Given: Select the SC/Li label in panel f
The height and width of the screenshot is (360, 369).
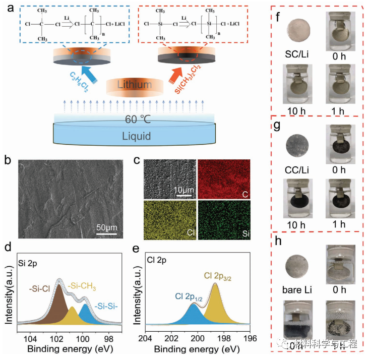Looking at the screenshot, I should pos(296,53).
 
